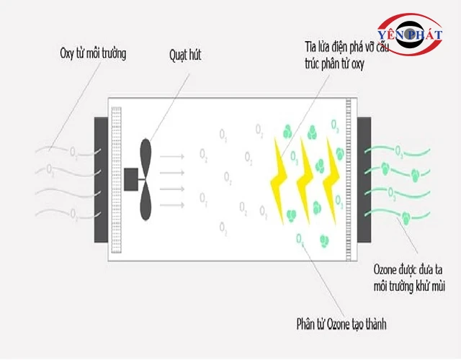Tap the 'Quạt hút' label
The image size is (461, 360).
pos(186,54)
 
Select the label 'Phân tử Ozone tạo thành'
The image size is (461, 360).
pos(341,324)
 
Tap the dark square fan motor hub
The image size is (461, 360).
pos(132,179)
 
